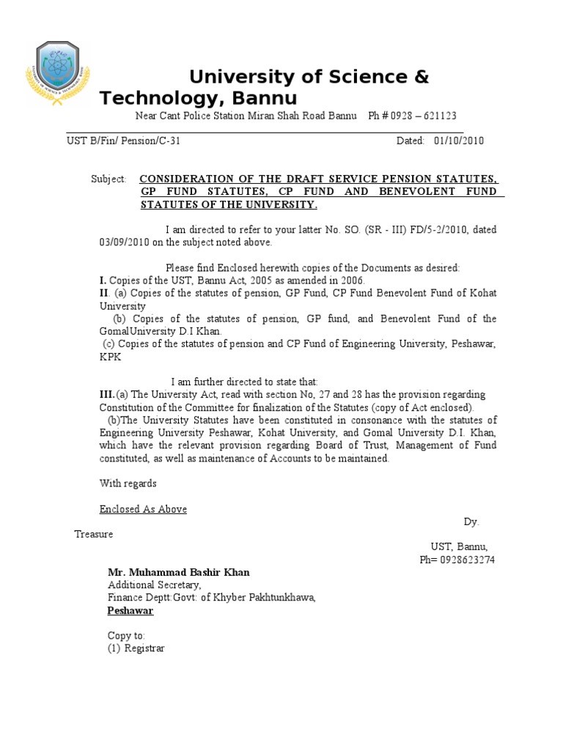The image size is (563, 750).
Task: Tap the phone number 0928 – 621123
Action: (424, 116)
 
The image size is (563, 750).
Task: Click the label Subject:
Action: (108, 179)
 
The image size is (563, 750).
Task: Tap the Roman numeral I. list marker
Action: (103, 281)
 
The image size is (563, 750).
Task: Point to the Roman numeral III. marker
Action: (108, 395)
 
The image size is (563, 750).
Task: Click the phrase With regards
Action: (128, 483)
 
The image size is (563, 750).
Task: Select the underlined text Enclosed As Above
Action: (143, 509)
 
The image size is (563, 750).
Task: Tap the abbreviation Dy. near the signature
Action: (471, 521)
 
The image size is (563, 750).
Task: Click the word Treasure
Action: (94, 535)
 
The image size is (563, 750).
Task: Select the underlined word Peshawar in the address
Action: (130, 610)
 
